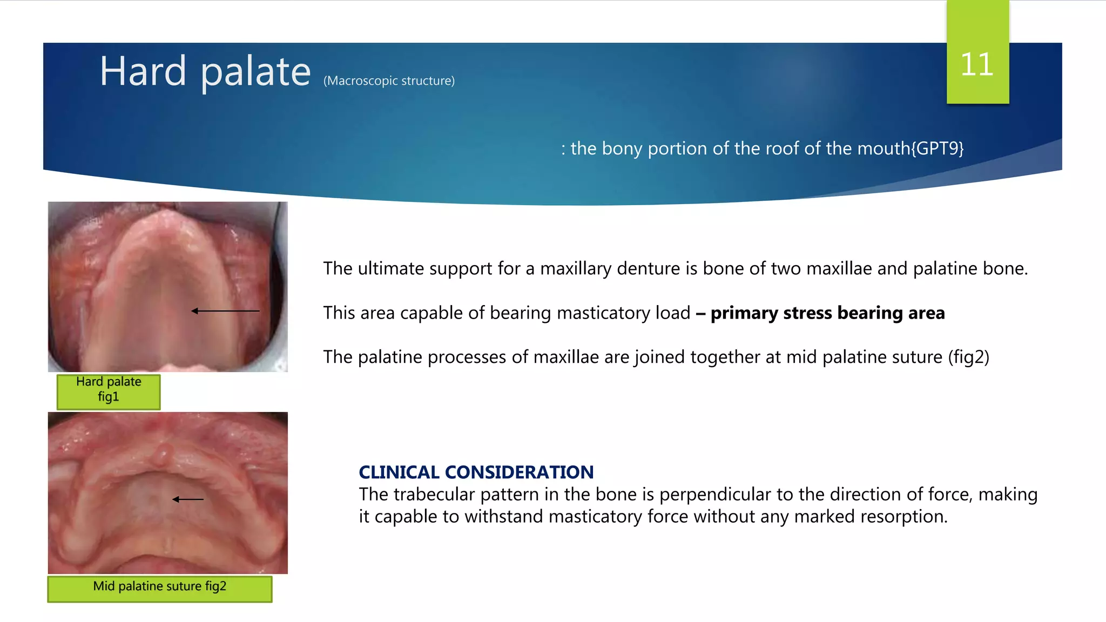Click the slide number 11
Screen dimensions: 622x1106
coord(976,65)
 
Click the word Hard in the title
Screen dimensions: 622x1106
coord(143,71)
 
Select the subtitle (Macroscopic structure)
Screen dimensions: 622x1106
coord(389,81)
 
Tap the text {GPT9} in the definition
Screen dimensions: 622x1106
coord(938,148)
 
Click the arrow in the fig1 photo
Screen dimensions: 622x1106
coord(225,311)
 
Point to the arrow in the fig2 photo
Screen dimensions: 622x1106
coord(188,499)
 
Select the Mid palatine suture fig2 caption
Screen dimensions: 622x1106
coord(159,587)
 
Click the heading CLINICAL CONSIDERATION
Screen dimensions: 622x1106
coord(476,472)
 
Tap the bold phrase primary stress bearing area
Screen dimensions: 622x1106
coord(827,313)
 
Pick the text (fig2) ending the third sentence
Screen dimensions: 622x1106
coord(968,357)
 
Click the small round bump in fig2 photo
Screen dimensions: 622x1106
coord(162,454)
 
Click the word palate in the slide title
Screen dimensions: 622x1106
coord(255,72)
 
